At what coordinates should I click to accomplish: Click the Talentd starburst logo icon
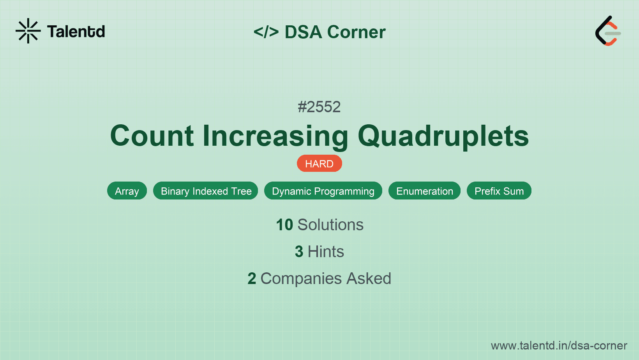pos(28,31)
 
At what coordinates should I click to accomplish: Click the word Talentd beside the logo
pos(76,32)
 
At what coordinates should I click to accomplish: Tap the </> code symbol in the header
pos(266,32)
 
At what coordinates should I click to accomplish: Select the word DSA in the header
pos(303,32)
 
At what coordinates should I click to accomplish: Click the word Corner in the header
pos(356,32)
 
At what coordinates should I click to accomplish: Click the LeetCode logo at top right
pos(608,31)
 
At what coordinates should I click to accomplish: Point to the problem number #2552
pos(319,107)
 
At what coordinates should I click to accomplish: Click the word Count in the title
pos(152,136)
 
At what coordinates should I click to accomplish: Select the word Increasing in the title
pos(275,136)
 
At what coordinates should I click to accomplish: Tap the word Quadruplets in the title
pos(443,136)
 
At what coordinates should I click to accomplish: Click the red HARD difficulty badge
pos(319,164)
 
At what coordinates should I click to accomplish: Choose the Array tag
pos(127,191)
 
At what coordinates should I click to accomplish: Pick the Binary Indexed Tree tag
pos(206,191)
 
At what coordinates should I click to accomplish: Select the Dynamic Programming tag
pos(323,191)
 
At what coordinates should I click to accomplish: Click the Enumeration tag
pos(424,191)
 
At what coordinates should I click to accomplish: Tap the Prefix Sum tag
pos(499,191)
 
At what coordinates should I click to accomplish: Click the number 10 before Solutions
pos(284,225)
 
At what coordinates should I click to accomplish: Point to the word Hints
pos(326,252)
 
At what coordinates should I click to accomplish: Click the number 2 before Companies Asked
pos(252,279)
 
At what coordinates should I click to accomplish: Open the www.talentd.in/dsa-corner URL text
pos(559,346)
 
